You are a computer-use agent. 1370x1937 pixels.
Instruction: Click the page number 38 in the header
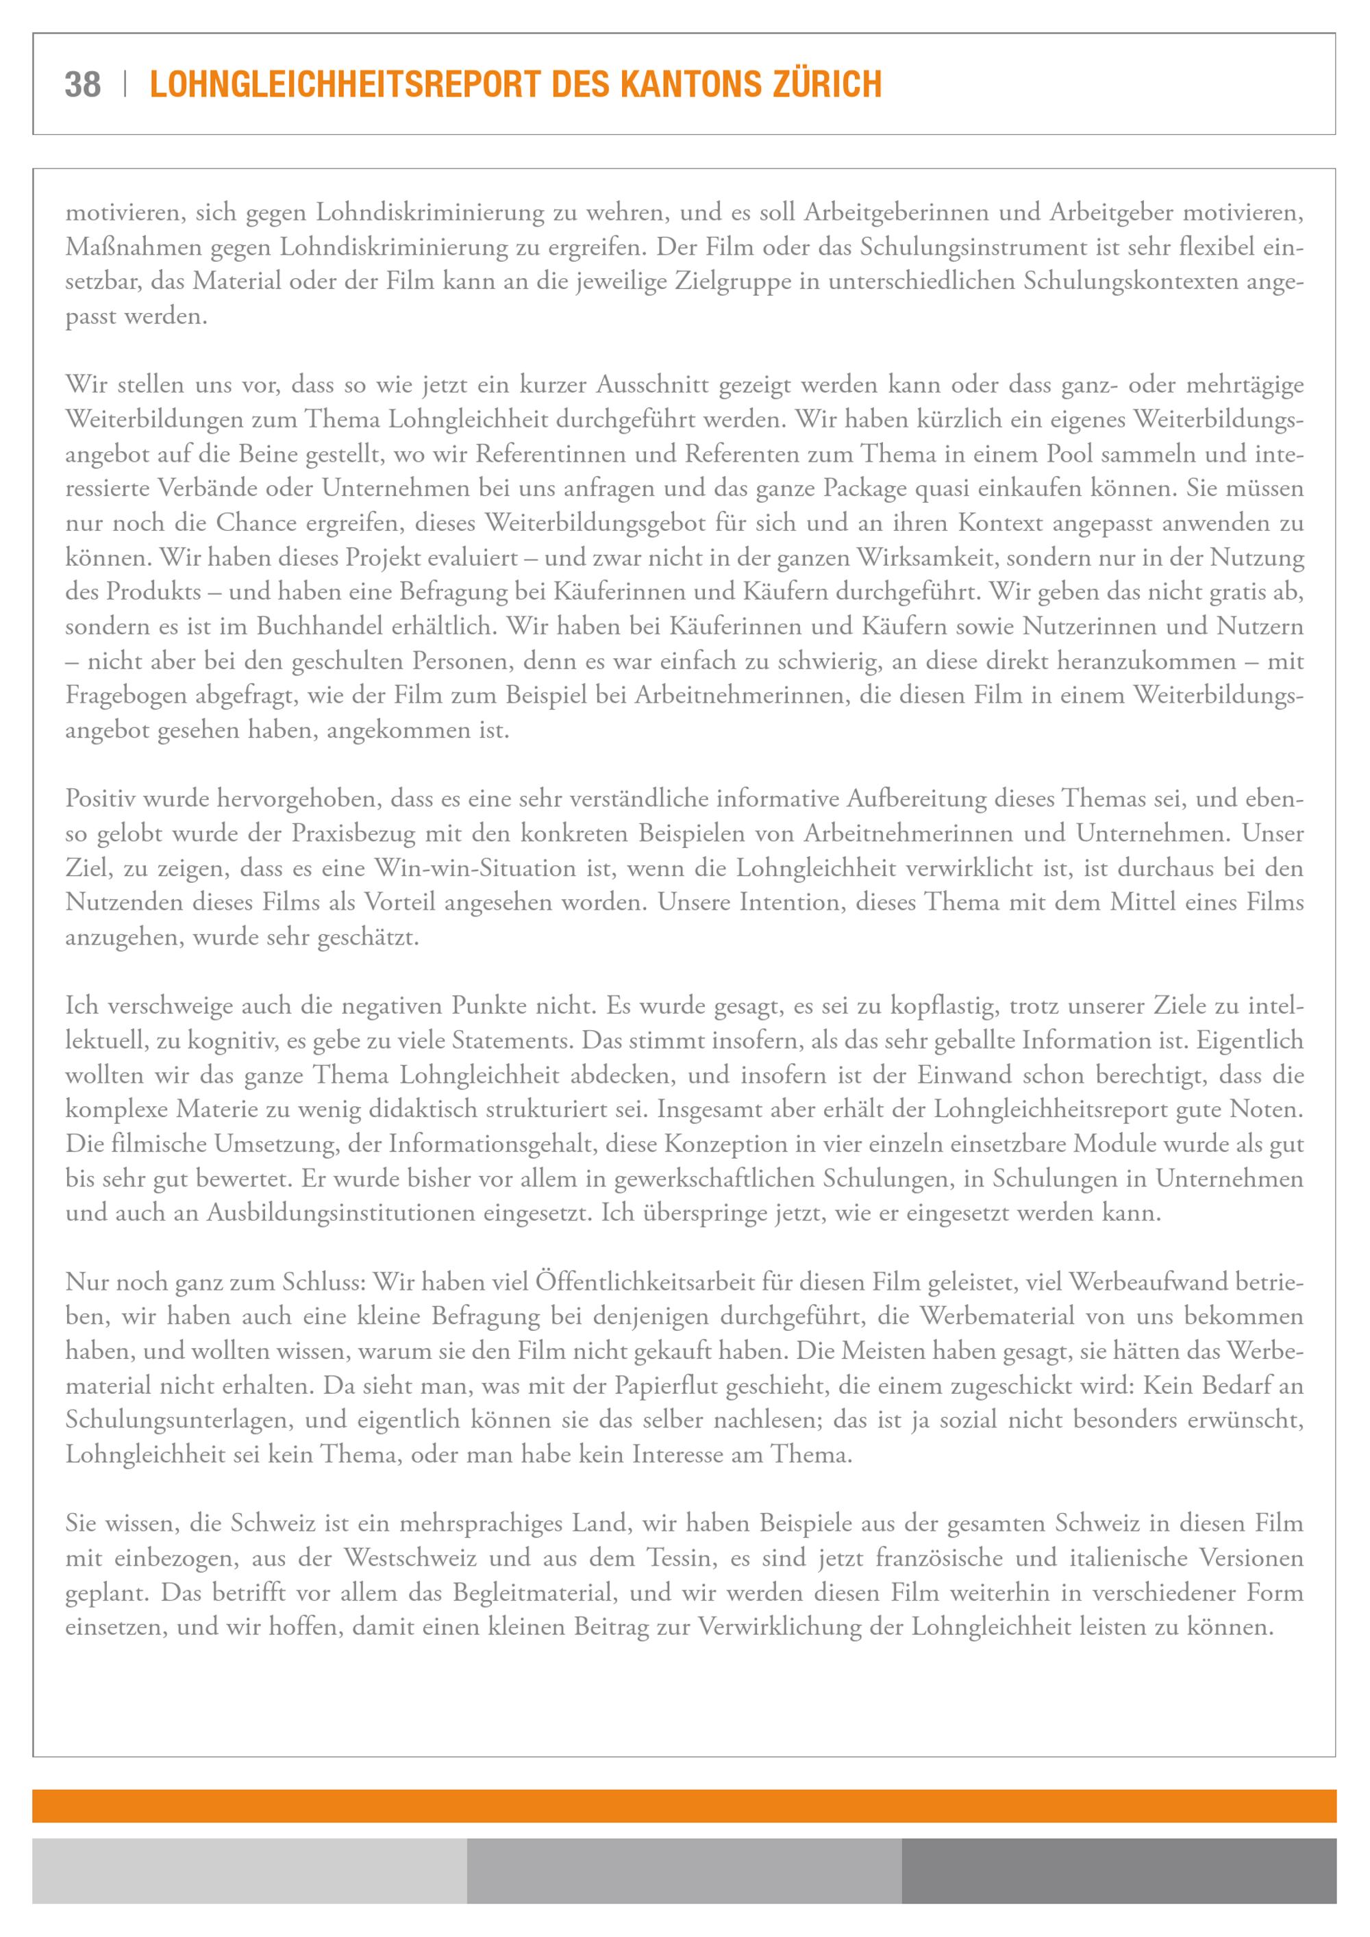pos(83,84)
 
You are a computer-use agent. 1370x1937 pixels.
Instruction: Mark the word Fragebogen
pos(129,696)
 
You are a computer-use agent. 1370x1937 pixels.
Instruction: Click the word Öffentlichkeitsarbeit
pos(644,1282)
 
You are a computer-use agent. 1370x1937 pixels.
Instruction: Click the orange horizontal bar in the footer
pos(684,1805)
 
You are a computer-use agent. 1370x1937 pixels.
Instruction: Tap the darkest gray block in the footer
pos(1119,1871)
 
